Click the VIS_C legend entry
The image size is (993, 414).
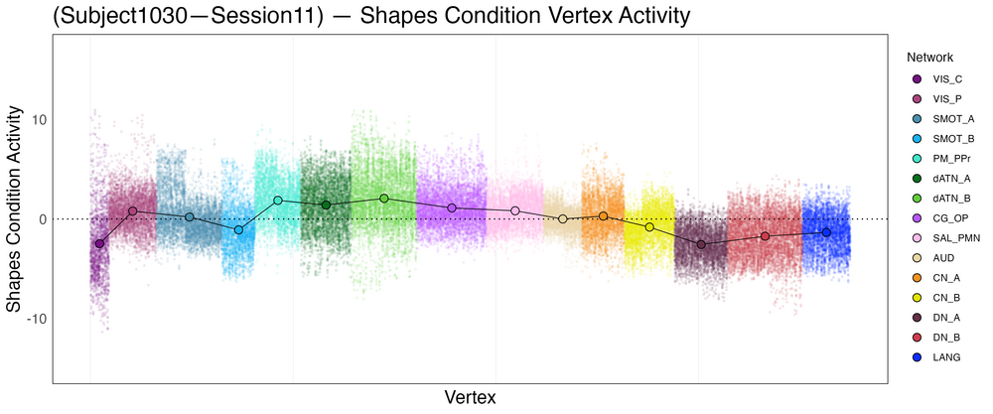pyautogui.click(x=932, y=78)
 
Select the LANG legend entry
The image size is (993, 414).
pyautogui.click(x=932, y=356)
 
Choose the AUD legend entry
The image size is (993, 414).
pyautogui.click(x=932, y=257)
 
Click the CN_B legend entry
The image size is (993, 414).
pyautogui.click(x=932, y=297)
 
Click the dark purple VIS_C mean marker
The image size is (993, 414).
pyautogui.click(x=99, y=243)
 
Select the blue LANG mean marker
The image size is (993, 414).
pyautogui.click(x=826, y=232)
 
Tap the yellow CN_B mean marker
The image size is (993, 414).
pyautogui.click(x=649, y=227)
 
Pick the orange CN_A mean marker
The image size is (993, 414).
pyautogui.click(x=603, y=215)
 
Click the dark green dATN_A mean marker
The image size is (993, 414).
pyautogui.click(x=326, y=205)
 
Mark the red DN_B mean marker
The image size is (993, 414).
pyautogui.click(x=765, y=236)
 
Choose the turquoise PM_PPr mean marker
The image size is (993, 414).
pyautogui.click(x=278, y=201)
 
